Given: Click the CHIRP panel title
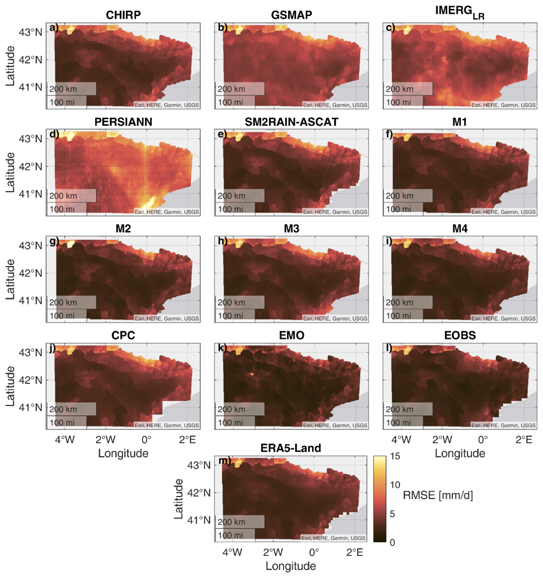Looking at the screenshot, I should click(123, 16).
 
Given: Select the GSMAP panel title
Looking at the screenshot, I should click(291, 16).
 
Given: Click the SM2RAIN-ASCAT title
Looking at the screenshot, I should click(291, 122).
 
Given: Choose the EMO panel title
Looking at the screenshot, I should click(291, 336).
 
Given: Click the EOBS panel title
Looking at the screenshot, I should click(459, 336).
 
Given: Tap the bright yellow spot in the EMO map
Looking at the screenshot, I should click(251, 374).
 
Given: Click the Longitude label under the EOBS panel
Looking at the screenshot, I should click(460, 453).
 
